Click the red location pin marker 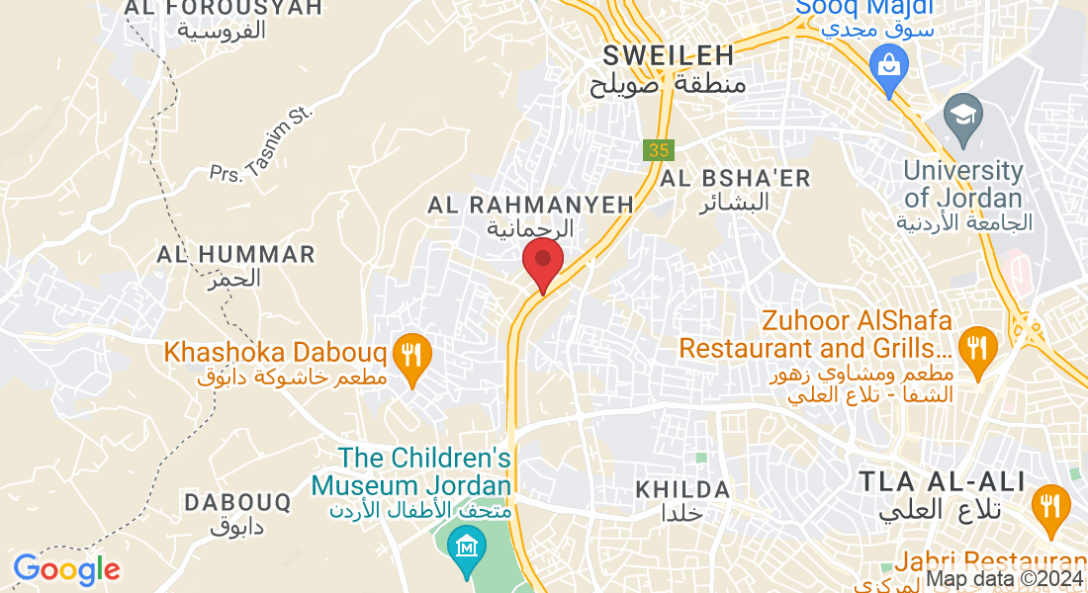click(x=542, y=262)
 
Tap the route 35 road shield click(x=658, y=150)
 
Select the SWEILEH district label click(x=668, y=54)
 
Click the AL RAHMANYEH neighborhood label click(x=530, y=206)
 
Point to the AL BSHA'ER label click(x=735, y=179)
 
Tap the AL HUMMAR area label click(x=236, y=255)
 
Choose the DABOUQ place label click(x=238, y=503)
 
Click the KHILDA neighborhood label click(x=682, y=489)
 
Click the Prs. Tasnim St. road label click(x=260, y=144)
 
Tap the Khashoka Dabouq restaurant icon click(x=409, y=352)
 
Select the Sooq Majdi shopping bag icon click(x=889, y=67)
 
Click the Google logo click(x=66, y=569)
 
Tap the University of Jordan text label click(x=963, y=183)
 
